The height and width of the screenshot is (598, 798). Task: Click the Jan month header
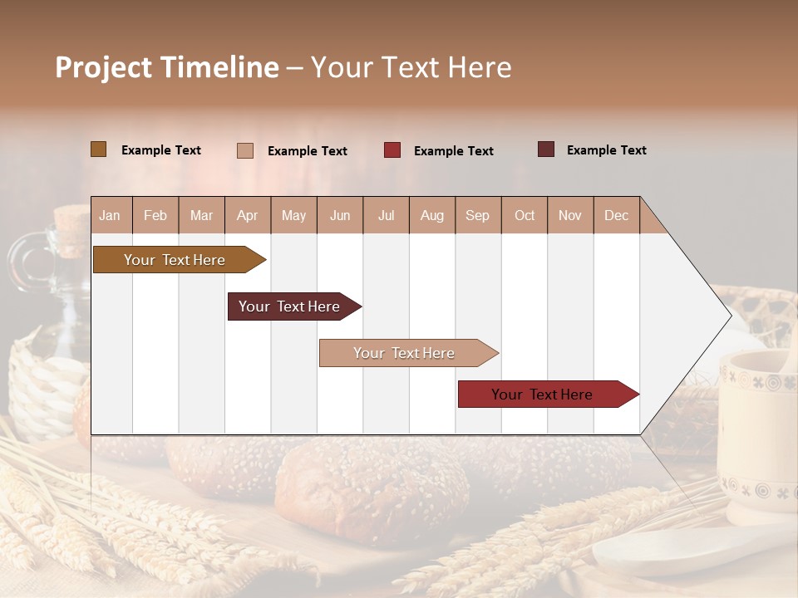pyautogui.click(x=110, y=215)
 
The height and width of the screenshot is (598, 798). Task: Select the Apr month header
pyautogui.click(x=247, y=215)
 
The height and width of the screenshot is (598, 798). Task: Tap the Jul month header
pyautogui.click(x=386, y=215)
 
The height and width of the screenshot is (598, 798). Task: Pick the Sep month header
pyautogui.click(x=477, y=215)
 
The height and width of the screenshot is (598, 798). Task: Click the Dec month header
pyautogui.click(x=616, y=215)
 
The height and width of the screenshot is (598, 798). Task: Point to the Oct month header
pyautogui.click(x=525, y=215)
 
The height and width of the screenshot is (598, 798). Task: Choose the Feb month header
pyautogui.click(x=155, y=215)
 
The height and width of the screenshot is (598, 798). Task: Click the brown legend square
pyautogui.click(x=98, y=149)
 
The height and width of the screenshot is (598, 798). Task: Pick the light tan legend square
pyautogui.click(x=245, y=150)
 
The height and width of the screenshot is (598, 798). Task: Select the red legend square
pyautogui.click(x=392, y=150)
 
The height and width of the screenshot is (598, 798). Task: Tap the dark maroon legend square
pyautogui.click(x=546, y=149)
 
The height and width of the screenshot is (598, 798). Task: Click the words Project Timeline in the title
pyautogui.click(x=167, y=67)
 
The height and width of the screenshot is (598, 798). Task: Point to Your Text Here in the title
pyautogui.click(x=411, y=67)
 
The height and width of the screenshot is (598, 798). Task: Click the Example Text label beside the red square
pyautogui.click(x=453, y=151)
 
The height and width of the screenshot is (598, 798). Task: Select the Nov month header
pyautogui.click(x=570, y=215)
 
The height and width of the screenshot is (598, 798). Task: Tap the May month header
pyautogui.click(x=293, y=215)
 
